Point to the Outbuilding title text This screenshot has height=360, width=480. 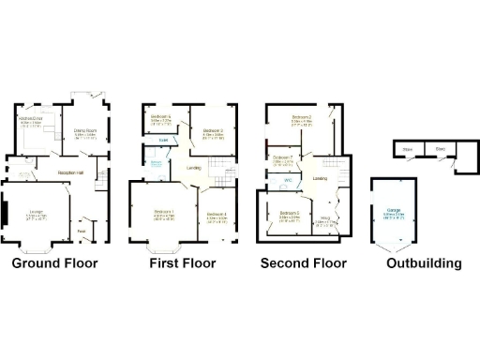[425, 263]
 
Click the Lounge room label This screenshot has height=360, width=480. [37, 214]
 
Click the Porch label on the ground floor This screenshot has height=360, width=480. [82, 231]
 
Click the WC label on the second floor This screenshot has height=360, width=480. [289, 178]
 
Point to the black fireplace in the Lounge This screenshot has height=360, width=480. [6, 215]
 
